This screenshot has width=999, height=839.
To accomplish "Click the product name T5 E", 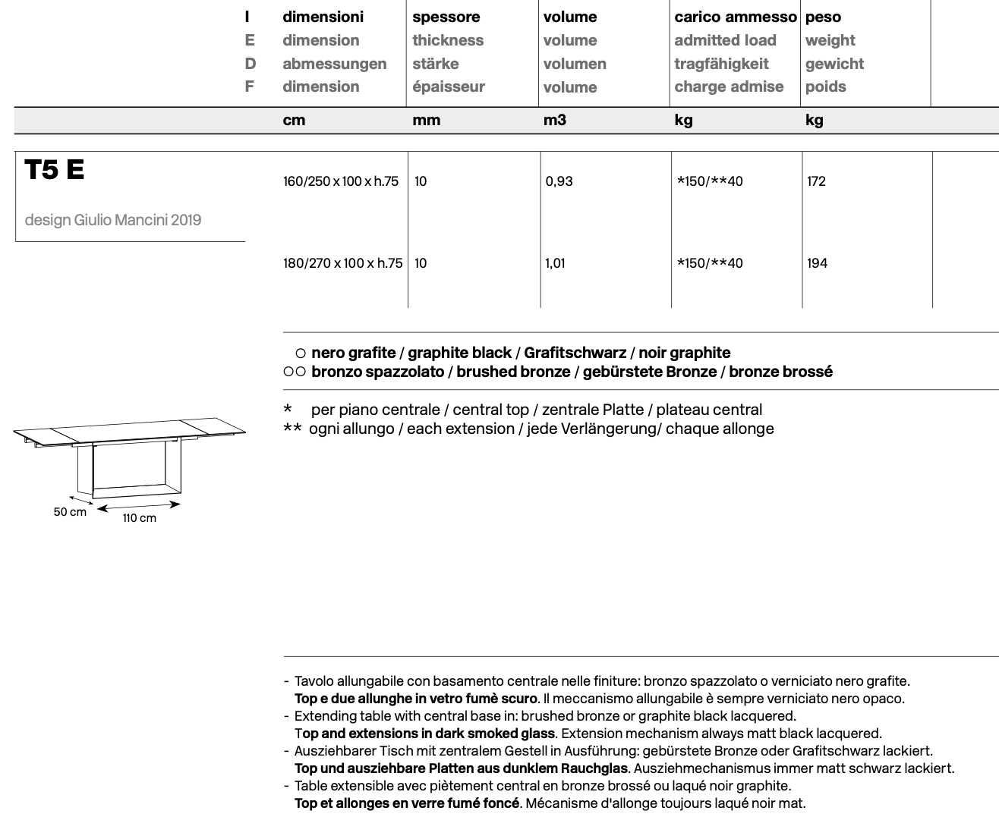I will click(x=55, y=170).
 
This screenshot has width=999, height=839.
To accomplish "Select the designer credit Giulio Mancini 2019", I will click(x=113, y=220).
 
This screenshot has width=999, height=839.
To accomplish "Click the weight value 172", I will click(x=816, y=181).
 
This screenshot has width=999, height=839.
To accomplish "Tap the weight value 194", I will click(x=817, y=263).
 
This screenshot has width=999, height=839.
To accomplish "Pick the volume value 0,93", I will click(x=559, y=181).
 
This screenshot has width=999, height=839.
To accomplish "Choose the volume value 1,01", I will click(x=555, y=263).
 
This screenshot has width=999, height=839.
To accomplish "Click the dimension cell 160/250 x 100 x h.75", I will click(x=340, y=181).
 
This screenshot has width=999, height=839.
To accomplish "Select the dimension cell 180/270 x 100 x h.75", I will click(x=342, y=263).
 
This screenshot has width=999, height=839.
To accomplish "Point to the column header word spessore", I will click(x=446, y=17).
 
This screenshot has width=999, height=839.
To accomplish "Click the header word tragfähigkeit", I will click(x=721, y=64).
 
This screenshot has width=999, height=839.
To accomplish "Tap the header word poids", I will click(x=825, y=86).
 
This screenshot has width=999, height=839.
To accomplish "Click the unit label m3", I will click(x=554, y=120).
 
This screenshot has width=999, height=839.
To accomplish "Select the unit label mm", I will click(x=426, y=120).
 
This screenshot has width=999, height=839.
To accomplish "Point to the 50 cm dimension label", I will click(x=70, y=512).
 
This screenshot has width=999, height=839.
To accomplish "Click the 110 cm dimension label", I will click(x=140, y=518).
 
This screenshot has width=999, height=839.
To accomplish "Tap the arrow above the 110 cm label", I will click(x=139, y=505).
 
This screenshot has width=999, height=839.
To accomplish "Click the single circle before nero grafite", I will click(x=300, y=354).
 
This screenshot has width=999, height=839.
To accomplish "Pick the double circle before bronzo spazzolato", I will click(x=295, y=372).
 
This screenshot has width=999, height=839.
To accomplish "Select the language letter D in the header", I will click(x=250, y=64).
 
